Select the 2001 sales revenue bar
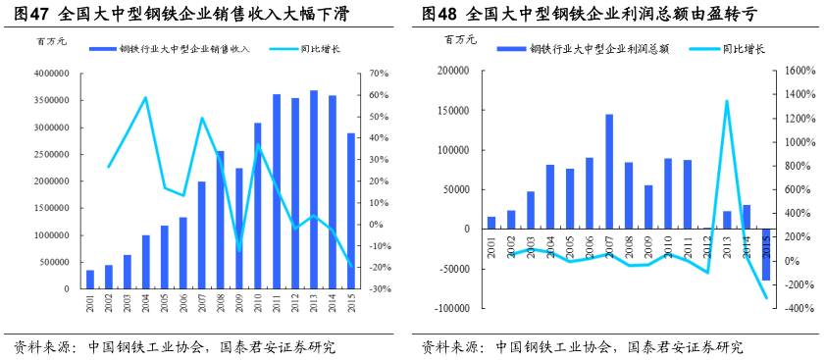coord(90,280)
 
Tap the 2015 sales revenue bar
coord(350,211)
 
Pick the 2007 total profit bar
coord(608,172)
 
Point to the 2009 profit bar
coord(647,207)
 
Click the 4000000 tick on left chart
coord(50,74)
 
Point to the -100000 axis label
coord(450,308)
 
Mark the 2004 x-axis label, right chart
coord(550,246)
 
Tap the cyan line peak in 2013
coord(727,100)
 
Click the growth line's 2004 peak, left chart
coord(145,97)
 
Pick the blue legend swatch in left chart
coord(102,49)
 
